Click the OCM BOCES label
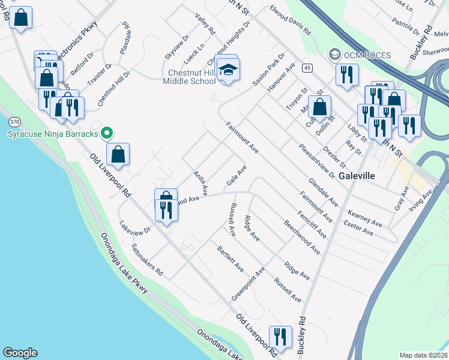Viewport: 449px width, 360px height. pyautogui.click(x=366, y=55)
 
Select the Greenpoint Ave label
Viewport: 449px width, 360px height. pyautogui.click(x=249, y=284)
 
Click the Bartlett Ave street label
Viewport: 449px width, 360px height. pyautogui.click(x=231, y=258)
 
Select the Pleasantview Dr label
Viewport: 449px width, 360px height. pyautogui.click(x=316, y=160)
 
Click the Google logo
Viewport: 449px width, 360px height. pyautogui.click(x=20, y=353)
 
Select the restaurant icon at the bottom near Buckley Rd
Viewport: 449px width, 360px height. pyautogui.click(x=280, y=337)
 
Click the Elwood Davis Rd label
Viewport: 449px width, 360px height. pyautogui.click(x=291, y=20)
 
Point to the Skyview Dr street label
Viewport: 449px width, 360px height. pyautogui.click(x=176, y=47)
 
